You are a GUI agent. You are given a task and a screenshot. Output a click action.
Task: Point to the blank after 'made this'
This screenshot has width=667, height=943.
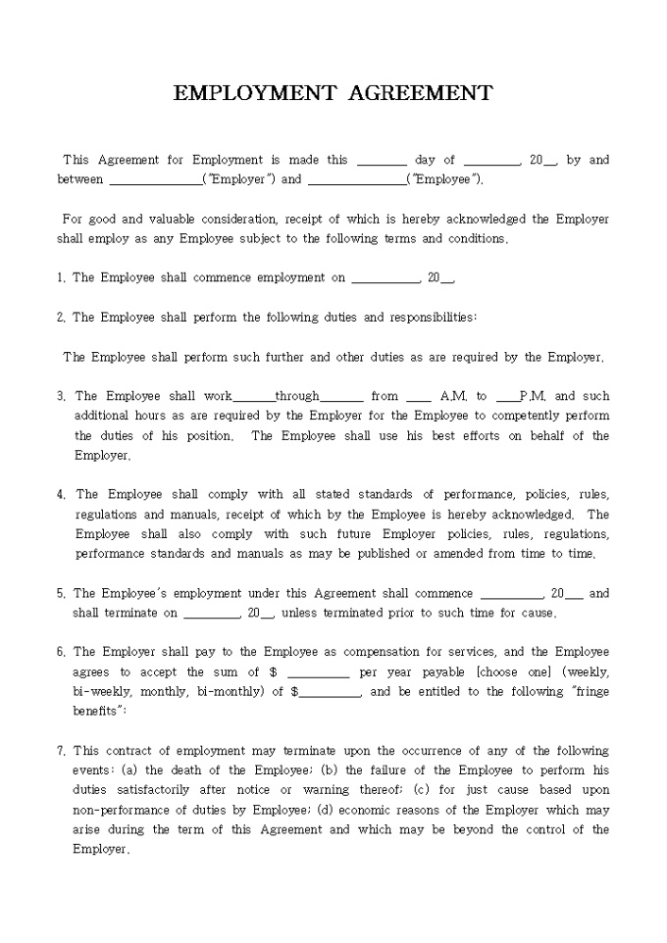click(x=382, y=161)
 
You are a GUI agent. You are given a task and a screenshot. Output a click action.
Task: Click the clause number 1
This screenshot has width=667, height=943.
click(x=61, y=278)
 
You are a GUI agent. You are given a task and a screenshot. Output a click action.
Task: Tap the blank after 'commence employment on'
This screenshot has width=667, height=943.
click(x=385, y=278)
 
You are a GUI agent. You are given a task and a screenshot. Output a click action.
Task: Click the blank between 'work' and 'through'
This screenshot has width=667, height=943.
click(x=254, y=397)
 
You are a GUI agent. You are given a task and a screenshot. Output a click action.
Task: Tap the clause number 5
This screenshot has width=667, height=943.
click(x=61, y=594)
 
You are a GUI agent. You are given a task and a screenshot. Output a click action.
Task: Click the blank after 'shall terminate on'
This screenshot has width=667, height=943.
click(x=212, y=614)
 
